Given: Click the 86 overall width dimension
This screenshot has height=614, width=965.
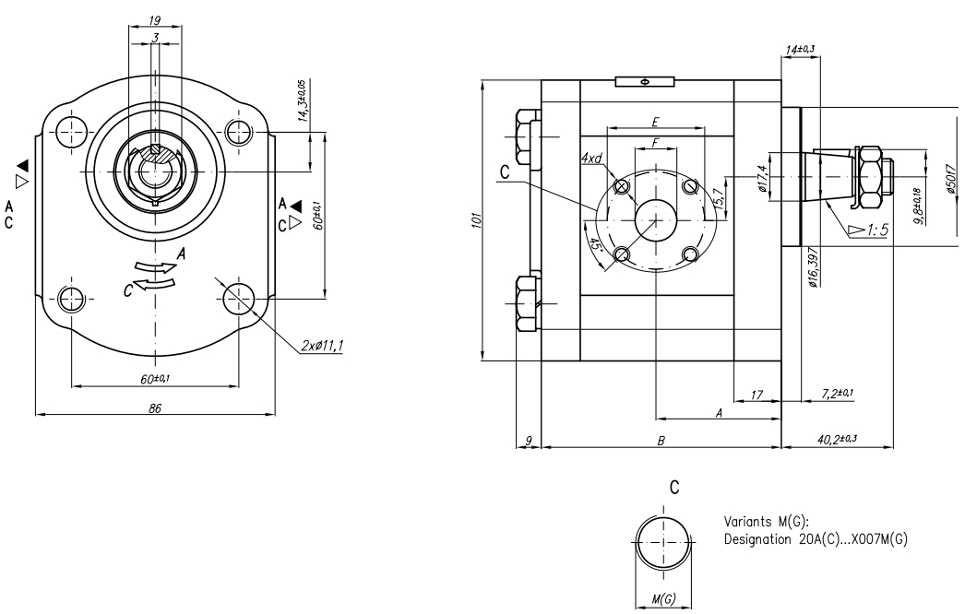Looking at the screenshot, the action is click(x=155, y=407).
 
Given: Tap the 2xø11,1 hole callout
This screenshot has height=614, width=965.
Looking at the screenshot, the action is click(x=322, y=347).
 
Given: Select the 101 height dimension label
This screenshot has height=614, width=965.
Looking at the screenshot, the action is click(x=475, y=219).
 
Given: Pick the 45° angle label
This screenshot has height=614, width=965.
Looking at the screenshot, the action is click(x=594, y=245).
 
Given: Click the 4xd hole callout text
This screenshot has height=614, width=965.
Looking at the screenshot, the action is click(x=590, y=159).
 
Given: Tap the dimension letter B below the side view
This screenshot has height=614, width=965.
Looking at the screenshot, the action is click(x=661, y=441).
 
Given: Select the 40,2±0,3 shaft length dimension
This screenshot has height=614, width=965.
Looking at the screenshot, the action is click(x=837, y=439).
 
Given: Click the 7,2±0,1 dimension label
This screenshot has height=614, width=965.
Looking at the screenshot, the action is click(x=838, y=394).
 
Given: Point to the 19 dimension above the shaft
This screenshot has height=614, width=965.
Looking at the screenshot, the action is click(x=155, y=21).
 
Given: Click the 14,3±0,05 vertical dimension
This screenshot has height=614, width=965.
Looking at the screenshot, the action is click(x=303, y=100).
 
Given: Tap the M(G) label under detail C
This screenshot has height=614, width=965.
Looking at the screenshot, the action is click(x=663, y=598).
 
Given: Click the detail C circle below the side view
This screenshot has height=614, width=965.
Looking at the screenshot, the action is click(x=663, y=543).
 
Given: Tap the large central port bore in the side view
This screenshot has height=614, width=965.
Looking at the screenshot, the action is click(x=656, y=219).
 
